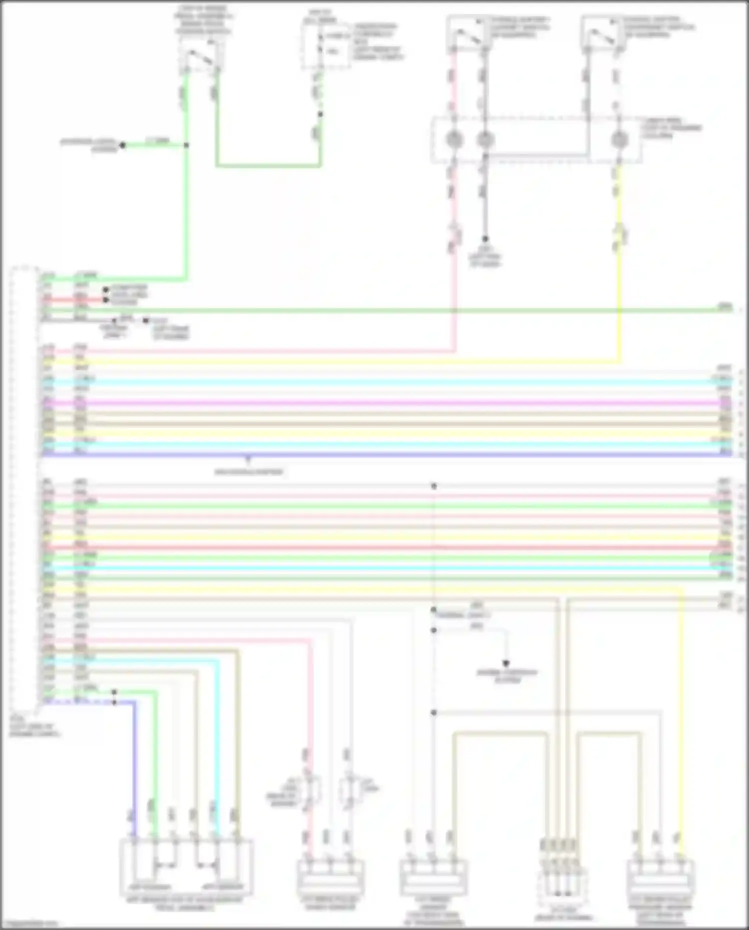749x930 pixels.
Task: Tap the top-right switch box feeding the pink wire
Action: click(x=467, y=34)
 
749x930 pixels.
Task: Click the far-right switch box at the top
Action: click(x=603, y=34)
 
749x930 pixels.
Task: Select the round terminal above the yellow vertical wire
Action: click(x=619, y=140)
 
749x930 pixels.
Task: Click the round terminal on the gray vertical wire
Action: click(x=484, y=140)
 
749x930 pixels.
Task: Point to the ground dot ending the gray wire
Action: click(x=484, y=239)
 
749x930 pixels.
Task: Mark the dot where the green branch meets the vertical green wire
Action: click(x=186, y=145)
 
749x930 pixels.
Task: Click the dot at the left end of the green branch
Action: click(x=122, y=145)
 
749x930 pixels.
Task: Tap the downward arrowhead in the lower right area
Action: click(x=506, y=664)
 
